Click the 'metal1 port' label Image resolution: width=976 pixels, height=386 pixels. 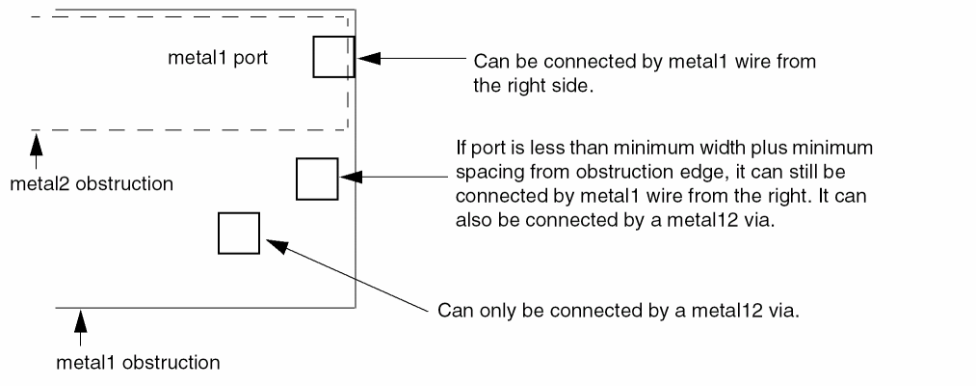tap(217, 57)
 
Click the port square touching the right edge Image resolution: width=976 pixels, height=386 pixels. tap(334, 57)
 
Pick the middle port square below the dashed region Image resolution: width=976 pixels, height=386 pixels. tap(316, 179)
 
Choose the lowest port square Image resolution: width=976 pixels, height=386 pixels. tap(239, 233)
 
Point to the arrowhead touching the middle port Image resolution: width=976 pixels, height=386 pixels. tap(350, 178)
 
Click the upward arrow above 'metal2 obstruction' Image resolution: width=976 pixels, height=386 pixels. tap(38, 146)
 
